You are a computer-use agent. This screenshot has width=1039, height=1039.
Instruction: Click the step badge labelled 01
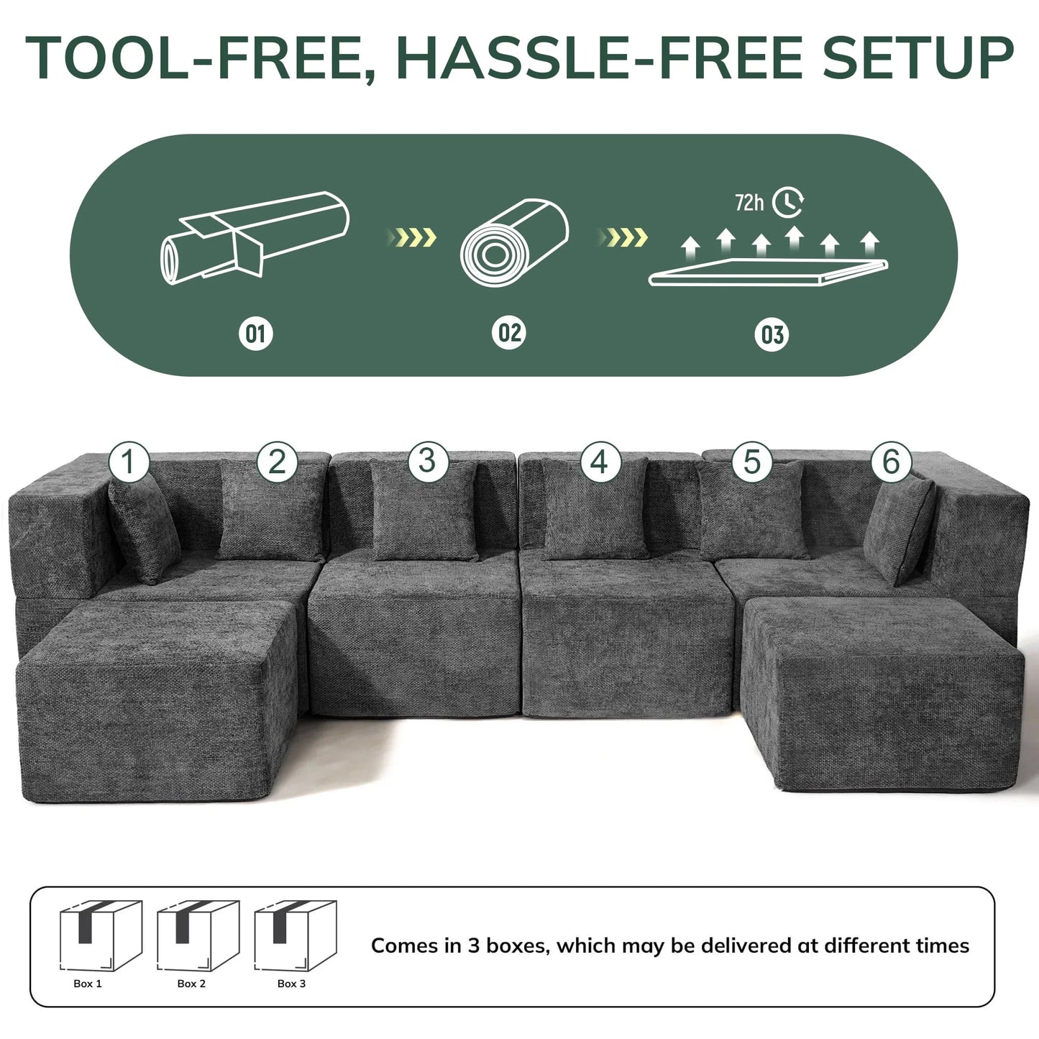pyautogui.click(x=255, y=334)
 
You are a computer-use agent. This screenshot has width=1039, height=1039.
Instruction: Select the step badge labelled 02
pyautogui.click(x=509, y=333)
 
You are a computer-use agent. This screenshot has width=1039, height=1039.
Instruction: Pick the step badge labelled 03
pyautogui.click(x=772, y=335)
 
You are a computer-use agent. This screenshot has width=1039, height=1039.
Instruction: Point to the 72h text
pyautogui.click(x=749, y=203)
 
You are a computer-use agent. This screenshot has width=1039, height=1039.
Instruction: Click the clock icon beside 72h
pyautogui.click(x=788, y=202)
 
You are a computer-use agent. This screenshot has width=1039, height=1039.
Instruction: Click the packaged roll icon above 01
pyautogui.click(x=254, y=237)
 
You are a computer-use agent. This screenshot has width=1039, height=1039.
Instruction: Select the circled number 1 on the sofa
pyautogui.click(x=129, y=462)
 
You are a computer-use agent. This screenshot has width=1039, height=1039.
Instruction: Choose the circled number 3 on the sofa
pyautogui.click(x=427, y=461)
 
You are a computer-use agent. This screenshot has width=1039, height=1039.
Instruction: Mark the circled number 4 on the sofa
pyautogui.click(x=599, y=462)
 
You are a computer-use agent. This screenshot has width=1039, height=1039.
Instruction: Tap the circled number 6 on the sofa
pyautogui.click(x=891, y=462)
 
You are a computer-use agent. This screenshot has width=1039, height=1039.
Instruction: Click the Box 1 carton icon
pyautogui.click(x=100, y=935)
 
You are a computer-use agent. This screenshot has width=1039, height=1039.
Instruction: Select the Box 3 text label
pyautogui.click(x=291, y=984)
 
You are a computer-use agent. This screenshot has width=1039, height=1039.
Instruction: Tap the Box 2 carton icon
pyautogui.click(x=198, y=935)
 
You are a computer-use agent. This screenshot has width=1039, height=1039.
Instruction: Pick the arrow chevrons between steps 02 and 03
pyautogui.click(x=624, y=237)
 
